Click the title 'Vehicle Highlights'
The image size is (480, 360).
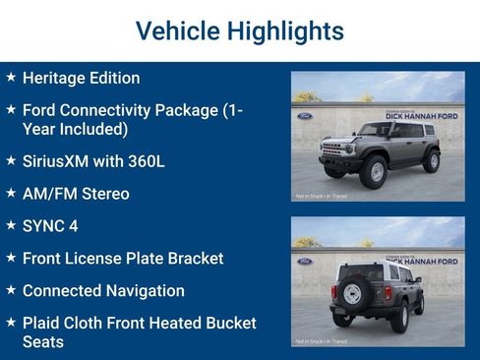coord(239,30)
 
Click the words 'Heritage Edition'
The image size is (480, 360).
coord(81,78)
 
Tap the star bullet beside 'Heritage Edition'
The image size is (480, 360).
coord(11,77)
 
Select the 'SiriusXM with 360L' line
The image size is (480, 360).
coord(93,160)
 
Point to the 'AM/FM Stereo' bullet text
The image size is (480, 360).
coord(76,194)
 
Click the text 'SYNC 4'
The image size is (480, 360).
coord(50,226)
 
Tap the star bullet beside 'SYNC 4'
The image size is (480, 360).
coord(11,225)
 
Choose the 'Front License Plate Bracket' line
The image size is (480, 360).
coord(123,259)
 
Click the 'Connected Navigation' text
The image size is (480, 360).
coord(103,291)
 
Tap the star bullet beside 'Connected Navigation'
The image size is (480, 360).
coord(11,290)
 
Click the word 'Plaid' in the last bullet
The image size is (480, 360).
coord(44,324)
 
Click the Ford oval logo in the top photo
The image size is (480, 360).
coord(304,114)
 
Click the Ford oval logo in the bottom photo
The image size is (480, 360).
coord(304,261)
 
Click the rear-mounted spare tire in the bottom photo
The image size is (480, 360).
coord(353,293)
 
